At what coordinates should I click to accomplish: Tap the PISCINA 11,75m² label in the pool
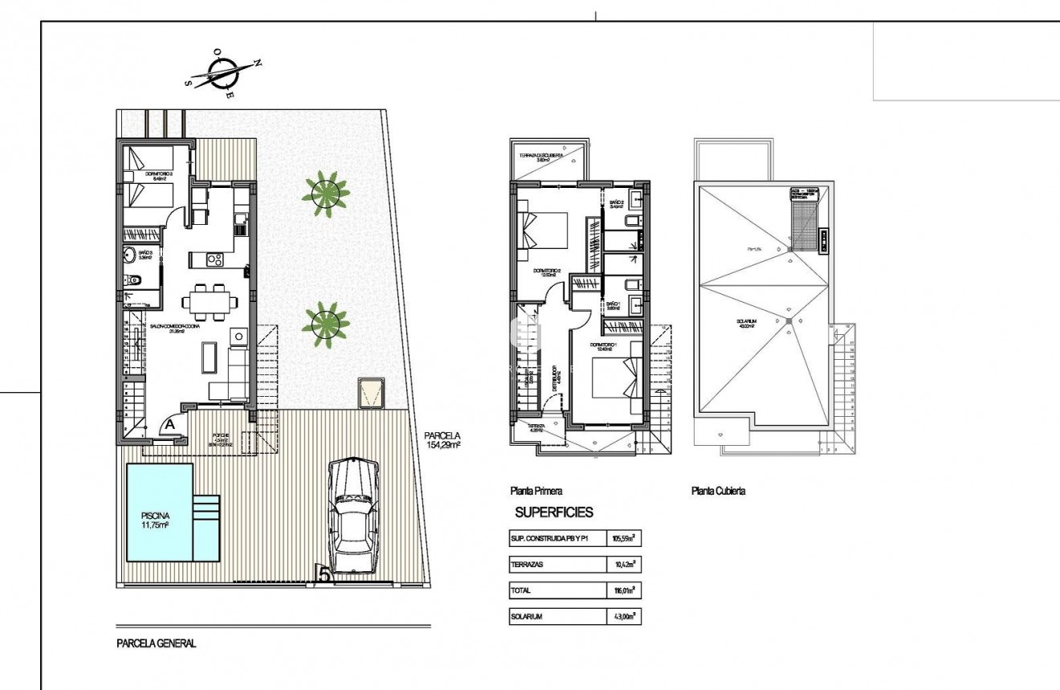click(x=154, y=521)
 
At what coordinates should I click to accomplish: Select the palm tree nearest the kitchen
click(x=325, y=190)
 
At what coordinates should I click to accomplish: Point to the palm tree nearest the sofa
click(x=325, y=321)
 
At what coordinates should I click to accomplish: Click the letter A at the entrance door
click(x=171, y=422)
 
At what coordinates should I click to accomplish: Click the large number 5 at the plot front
click(x=324, y=574)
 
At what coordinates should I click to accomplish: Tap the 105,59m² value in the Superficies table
click(x=623, y=539)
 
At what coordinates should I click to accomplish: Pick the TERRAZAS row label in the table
click(x=528, y=565)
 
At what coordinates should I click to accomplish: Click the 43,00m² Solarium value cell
click(x=623, y=617)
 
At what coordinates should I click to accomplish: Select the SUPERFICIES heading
click(x=553, y=512)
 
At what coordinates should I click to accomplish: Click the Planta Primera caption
click(x=536, y=491)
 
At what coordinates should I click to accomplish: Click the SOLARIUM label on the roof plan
click(x=748, y=323)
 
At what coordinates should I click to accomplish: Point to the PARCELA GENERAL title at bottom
click(x=156, y=643)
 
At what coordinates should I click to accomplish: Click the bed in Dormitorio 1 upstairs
click(x=615, y=378)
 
